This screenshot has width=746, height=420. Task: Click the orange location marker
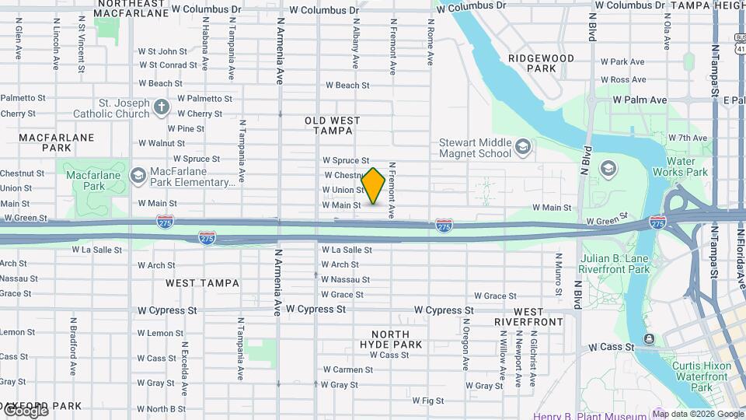pyautogui.click(x=374, y=186)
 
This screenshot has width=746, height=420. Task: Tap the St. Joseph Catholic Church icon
pyautogui.click(x=161, y=107)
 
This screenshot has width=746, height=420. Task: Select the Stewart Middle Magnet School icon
pyautogui.click(x=524, y=146)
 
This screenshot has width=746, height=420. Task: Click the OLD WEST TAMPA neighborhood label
pyautogui.click(x=333, y=125)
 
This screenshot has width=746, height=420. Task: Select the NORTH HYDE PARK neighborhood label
pyautogui.click(x=391, y=339)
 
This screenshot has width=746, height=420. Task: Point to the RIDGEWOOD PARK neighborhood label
pyautogui.click(x=541, y=63)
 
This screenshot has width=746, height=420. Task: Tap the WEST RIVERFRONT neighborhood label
pyautogui.click(x=528, y=317)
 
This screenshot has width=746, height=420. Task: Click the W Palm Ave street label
pyautogui.click(x=640, y=100)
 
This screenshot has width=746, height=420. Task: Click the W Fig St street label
pyautogui.click(x=427, y=401)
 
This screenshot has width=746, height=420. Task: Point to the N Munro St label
pyautogui.click(x=558, y=275)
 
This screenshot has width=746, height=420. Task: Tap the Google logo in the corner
pyautogui.click(x=25, y=411)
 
